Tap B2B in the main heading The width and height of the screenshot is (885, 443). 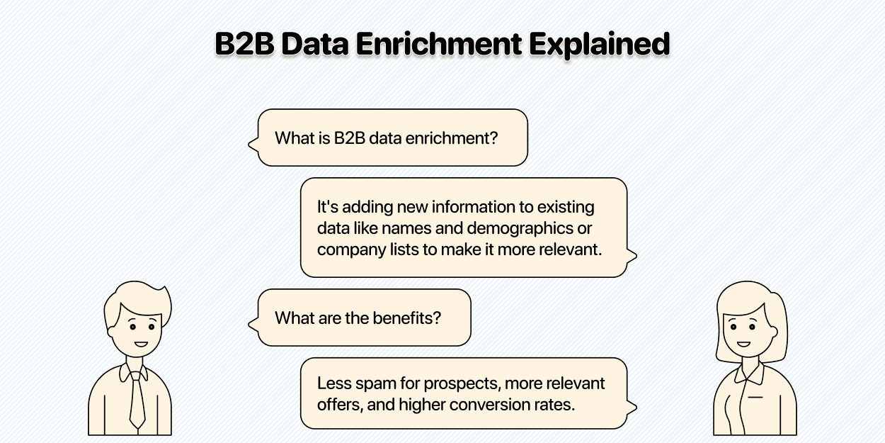(244, 43)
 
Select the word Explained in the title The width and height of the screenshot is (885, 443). (600, 44)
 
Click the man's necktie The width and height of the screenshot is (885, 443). (137, 400)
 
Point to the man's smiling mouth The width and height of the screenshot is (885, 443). (141, 344)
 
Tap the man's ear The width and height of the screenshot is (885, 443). (111, 332)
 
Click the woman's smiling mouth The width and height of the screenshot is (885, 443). (743, 344)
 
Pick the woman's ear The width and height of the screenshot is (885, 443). (774, 332)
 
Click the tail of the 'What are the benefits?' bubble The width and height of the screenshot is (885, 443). (253, 325)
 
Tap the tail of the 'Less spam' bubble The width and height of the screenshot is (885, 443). (632, 407)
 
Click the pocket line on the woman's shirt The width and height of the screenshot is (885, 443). (755, 397)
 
